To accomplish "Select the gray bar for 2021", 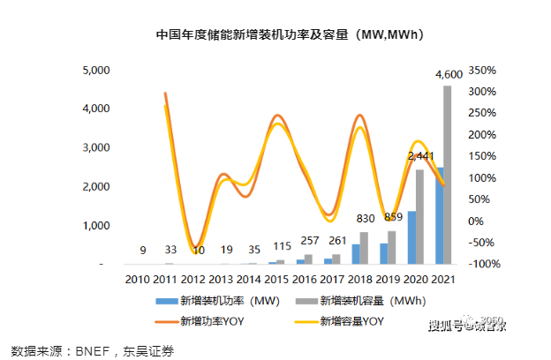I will coord(447,175).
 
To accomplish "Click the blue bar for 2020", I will coord(411,237).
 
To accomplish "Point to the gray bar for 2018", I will coord(364,248).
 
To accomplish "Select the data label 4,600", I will coord(449,76).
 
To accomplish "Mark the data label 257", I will coord(309,241).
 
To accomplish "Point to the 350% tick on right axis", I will coord(484,70).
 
